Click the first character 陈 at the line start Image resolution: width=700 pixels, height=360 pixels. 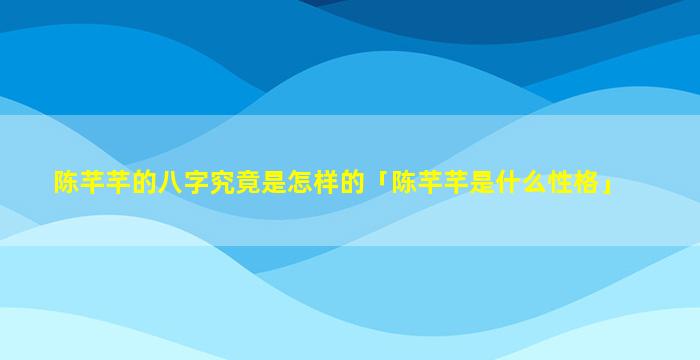67,182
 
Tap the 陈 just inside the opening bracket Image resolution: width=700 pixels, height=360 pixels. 404,182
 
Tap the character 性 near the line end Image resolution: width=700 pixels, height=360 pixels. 561,182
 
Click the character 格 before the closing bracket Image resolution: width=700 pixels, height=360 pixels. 587,182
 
